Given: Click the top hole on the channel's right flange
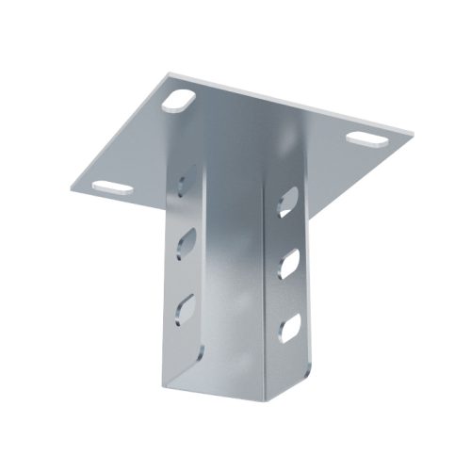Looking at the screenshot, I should click(x=288, y=202).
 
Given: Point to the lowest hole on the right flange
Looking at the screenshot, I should click(x=290, y=326).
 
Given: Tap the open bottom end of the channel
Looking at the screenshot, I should click(x=235, y=396).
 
